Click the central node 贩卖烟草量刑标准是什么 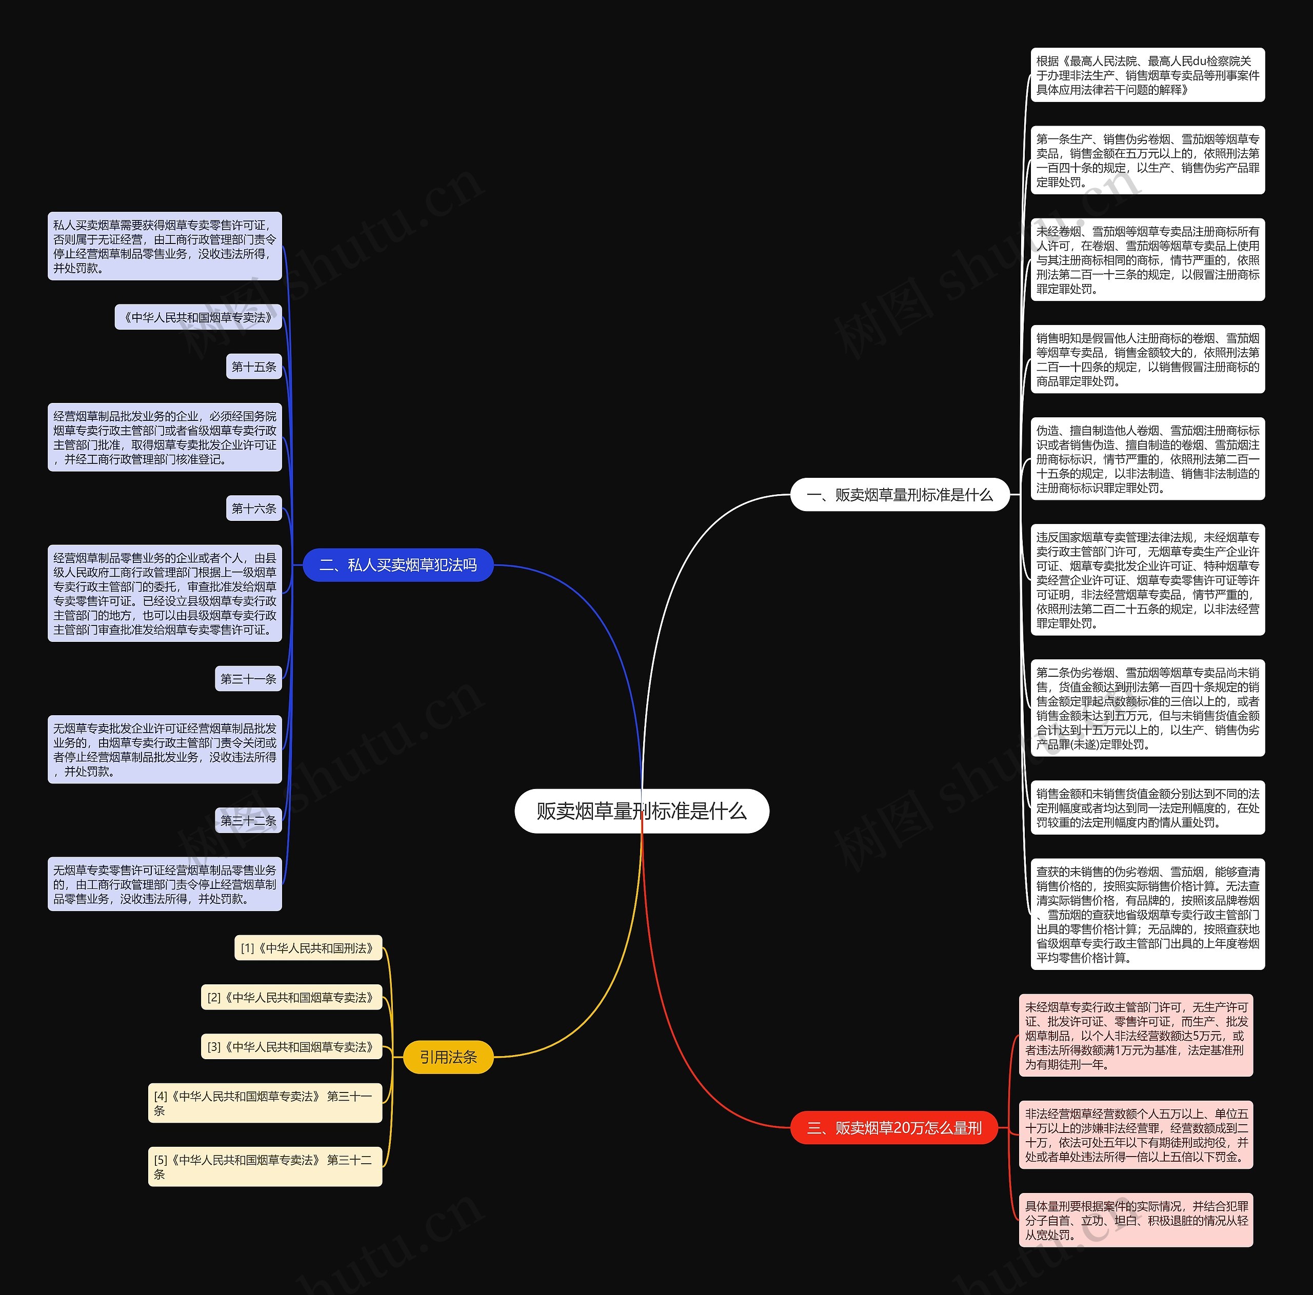(x=642, y=811)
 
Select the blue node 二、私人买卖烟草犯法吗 (x=397, y=564)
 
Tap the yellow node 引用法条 (x=448, y=1057)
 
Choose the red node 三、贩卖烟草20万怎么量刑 (x=893, y=1128)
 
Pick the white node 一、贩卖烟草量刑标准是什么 (x=899, y=495)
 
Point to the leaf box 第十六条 (x=253, y=508)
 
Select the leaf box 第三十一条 (x=248, y=679)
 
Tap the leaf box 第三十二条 (x=248, y=821)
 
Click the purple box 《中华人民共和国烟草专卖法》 (x=198, y=317)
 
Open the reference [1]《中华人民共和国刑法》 (x=308, y=948)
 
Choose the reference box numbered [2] (x=291, y=998)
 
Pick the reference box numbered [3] (x=291, y=1047)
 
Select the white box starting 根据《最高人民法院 (x=1147, y=75)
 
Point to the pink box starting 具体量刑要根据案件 (x=1136, y=1220)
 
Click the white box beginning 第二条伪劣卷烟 (x=1147, y=708)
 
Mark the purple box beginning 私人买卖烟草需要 (x=165, y=246)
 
